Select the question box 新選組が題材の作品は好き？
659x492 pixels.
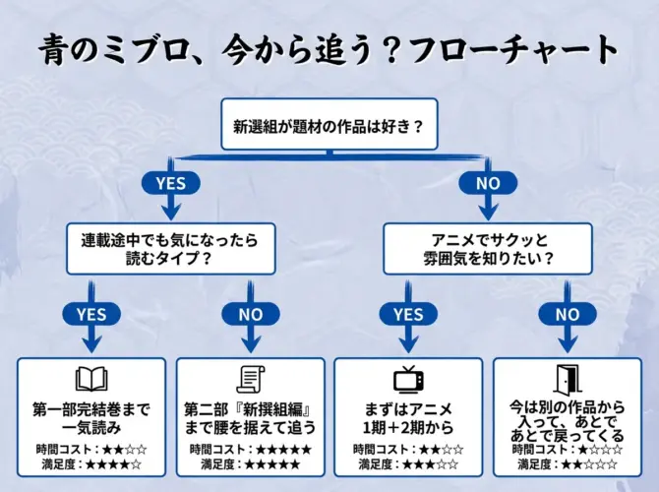[329, 127]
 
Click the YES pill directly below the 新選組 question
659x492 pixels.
[171, 183]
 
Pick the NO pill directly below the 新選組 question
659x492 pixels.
[488, 183]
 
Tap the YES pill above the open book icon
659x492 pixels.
[91, 314]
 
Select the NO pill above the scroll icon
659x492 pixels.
[250, 314]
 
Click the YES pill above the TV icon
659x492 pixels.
[408, 314]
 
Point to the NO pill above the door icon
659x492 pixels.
[568, 314]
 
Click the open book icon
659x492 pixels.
[91, 380]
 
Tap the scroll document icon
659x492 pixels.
[250, 380]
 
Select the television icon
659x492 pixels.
[408, 380]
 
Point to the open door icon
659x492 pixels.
[568, 380]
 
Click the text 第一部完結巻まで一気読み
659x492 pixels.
[91, 418]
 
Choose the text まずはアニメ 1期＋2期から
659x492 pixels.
[408, 418]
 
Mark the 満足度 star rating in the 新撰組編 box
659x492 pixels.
[250, 464]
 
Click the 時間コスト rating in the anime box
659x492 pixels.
[408, 450]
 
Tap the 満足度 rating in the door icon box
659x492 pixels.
[568, 464]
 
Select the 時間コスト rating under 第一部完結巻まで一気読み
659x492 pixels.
[91, 450]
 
